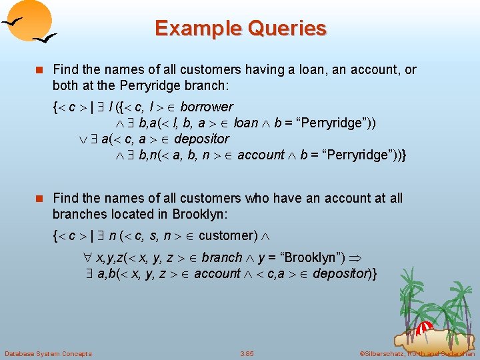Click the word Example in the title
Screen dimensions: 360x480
[195, 29]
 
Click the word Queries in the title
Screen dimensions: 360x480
[285, 29]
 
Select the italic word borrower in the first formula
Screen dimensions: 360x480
[207, 107]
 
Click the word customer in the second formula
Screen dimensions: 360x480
[227, 235]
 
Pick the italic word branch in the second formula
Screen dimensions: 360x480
[222, 257]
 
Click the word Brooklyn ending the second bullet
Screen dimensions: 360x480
[191, 214]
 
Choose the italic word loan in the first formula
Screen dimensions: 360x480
[246, 123]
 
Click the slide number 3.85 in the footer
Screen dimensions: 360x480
[247, 353]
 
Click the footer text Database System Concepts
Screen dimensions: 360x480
[48, 353]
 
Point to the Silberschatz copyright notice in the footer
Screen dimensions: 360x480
[416, 353]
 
